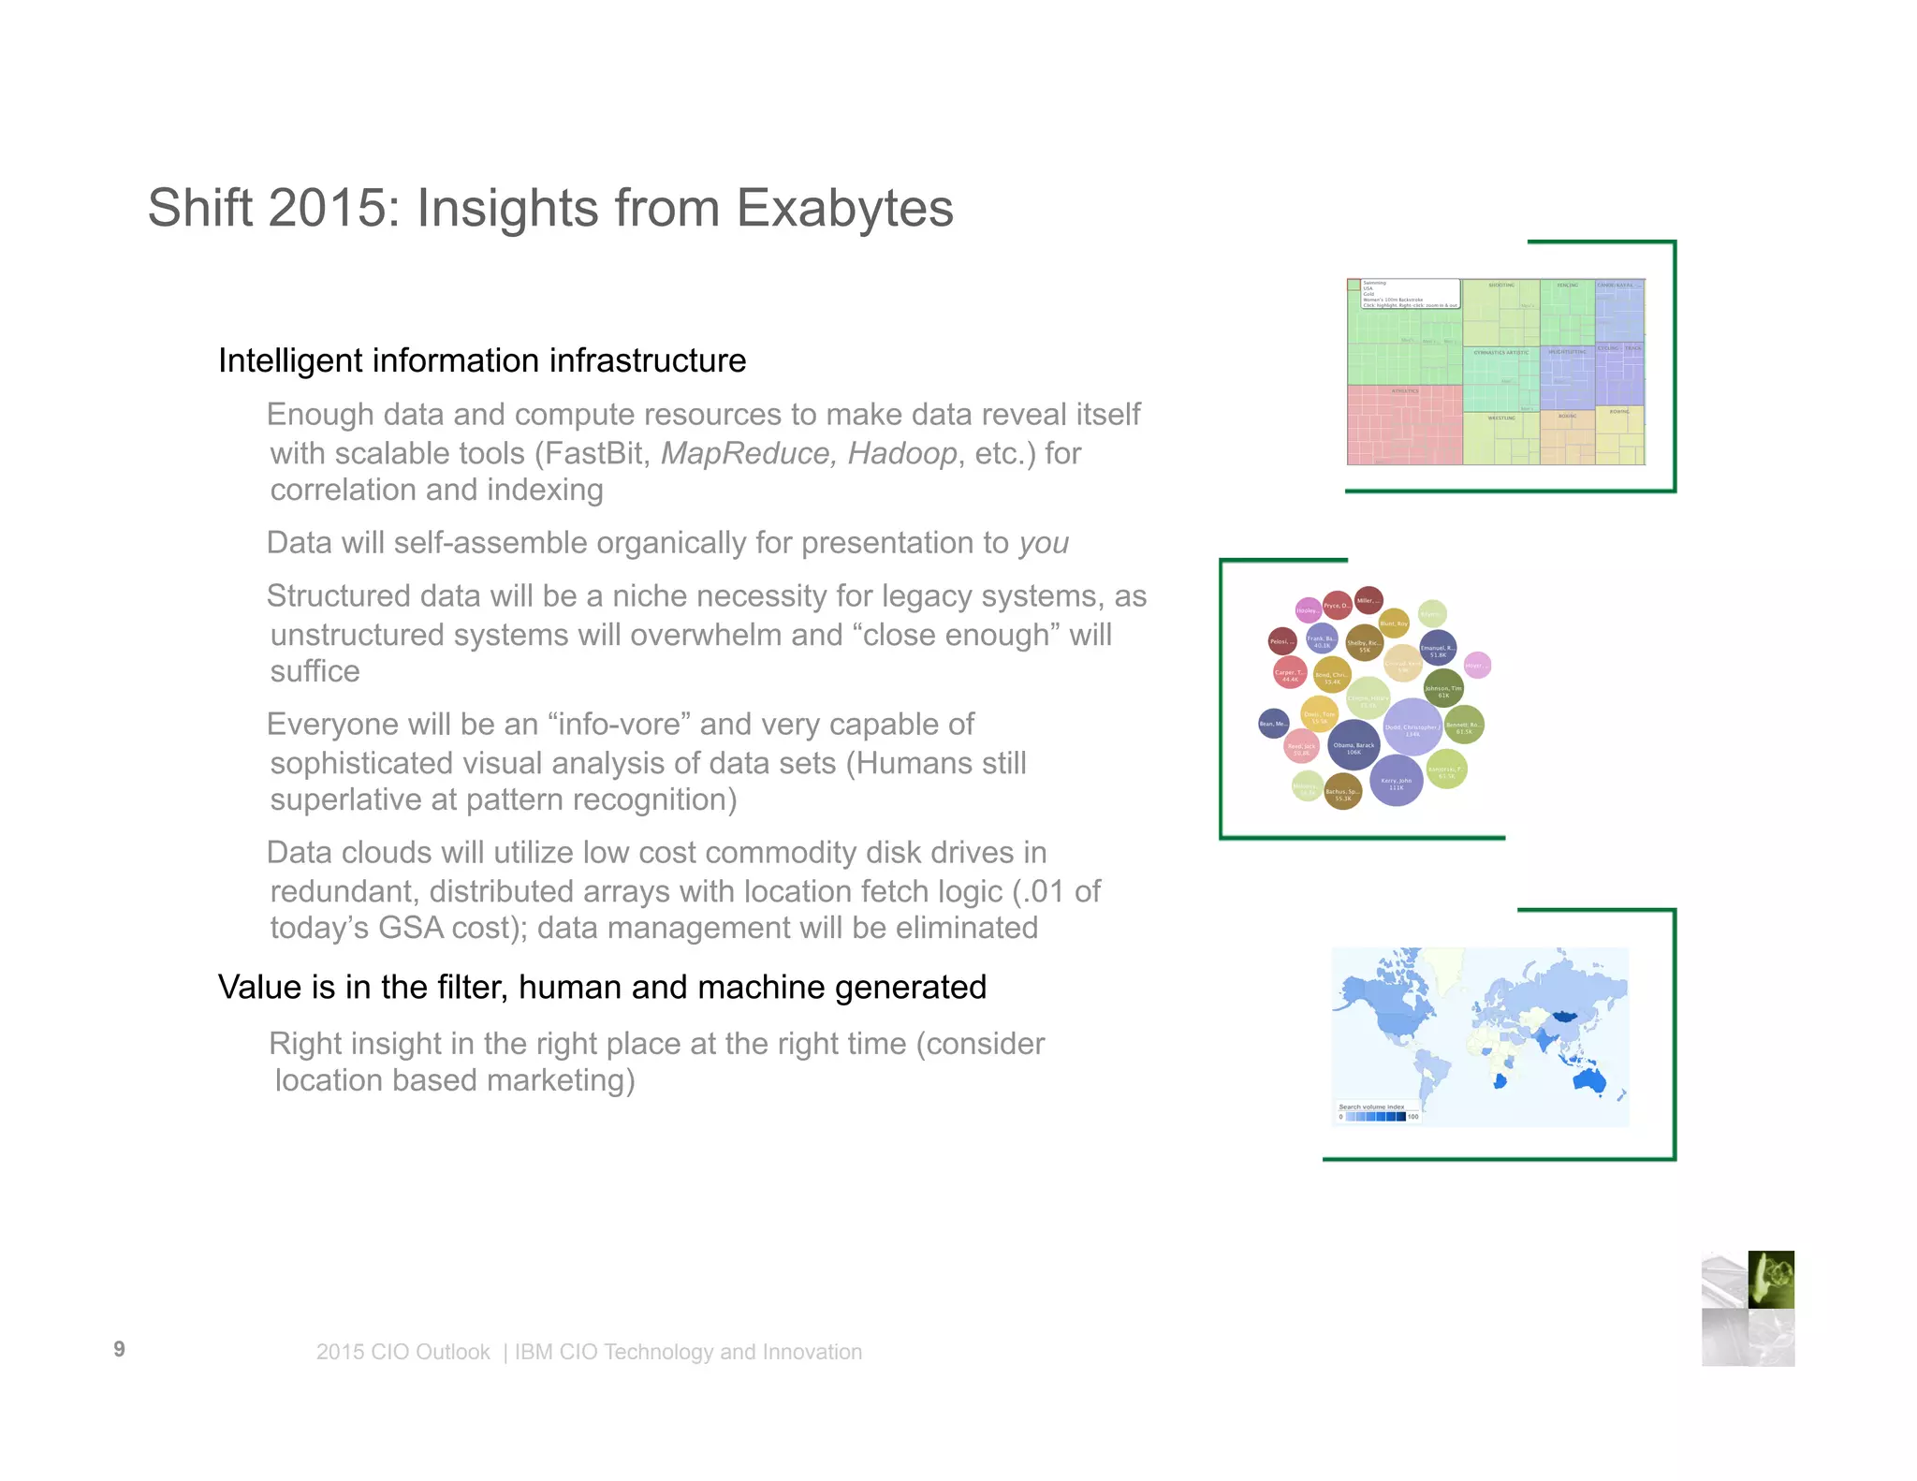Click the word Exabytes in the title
[x=844, y=208]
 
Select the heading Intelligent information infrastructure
[x=482, y=360]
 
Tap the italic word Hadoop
[x=901, y=453]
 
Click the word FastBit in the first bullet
[x=593, y=453]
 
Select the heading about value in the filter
[x=602, y=987]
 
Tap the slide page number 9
[x=119, y=1349]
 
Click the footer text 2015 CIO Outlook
[x=402, y=1352]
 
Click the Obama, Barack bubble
[x=1354, y=746]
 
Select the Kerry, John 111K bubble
[x=1396, y=781]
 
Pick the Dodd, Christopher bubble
[x=1412, y=727]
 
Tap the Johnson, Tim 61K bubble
[x=1442, y=690]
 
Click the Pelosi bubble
[x=1281, y=641]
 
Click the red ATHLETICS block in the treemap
[x=1404, y=426]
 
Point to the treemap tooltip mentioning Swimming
[x=1411, y=293]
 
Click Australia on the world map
[x=1588, y=1081]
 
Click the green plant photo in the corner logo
[x=1771, y=1279]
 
